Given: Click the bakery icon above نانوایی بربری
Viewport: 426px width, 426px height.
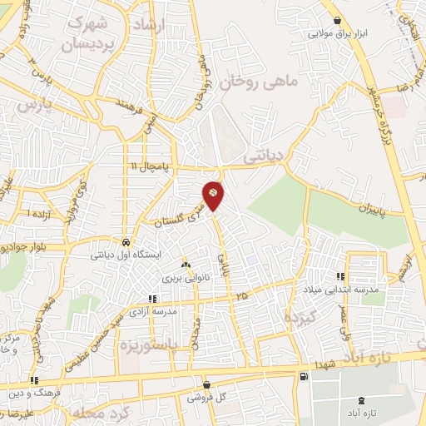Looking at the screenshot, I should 186,264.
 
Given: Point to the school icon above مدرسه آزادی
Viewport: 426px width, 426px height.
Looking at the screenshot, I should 151,298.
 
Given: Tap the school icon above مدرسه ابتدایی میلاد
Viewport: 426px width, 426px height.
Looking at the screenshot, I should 339,276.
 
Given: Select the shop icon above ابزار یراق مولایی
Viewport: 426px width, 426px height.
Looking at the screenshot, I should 336,21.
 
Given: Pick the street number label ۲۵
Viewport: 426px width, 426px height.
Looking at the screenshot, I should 240,296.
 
